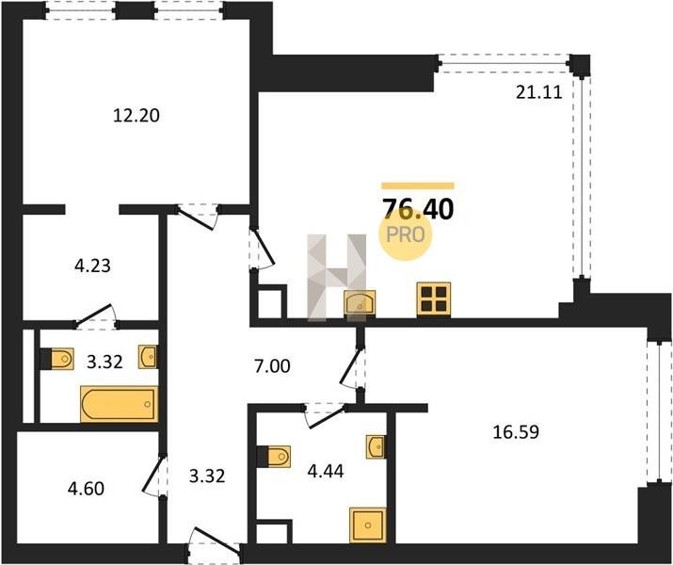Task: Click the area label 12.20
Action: tap(136, 116)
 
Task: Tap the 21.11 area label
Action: tap(538, 92)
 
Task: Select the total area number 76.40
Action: tap(418, 210)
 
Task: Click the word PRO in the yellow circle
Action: tap(405, 234)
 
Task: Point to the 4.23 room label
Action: tap(92, 266)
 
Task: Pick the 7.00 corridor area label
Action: tap(272, 366)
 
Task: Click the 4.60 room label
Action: tap(86, 489)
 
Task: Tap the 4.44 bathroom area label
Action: tap(326, 472)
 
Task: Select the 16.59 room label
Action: tap(516, 432)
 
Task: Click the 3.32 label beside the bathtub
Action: tap(104, 362)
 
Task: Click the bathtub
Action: tap(119, 404)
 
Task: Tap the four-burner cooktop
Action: tap(434, 299)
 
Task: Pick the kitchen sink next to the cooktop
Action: tap(360, 303)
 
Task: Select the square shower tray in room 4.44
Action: tap(367, 525)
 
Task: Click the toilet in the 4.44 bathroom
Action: tap(274, 457)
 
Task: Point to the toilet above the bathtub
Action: tap(57, 359)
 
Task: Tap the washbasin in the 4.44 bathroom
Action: tap(376, 447)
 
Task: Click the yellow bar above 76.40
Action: tap(418, 186)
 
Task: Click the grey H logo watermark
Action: tap(337, 277)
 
